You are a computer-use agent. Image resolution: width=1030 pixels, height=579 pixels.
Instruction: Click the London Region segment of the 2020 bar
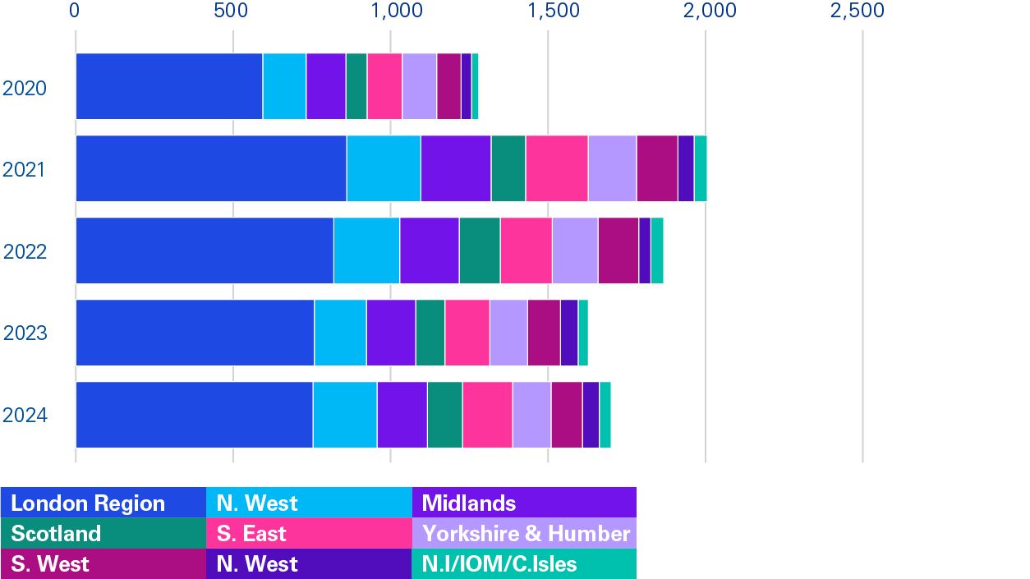[x=169, y=86]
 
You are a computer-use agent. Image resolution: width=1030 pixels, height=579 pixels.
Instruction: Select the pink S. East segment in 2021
[x=557, y=168]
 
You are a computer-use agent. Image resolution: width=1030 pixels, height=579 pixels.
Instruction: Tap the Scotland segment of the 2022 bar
[x=480, y=250]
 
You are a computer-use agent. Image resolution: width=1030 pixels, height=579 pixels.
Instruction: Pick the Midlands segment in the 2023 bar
[x=391, y=333]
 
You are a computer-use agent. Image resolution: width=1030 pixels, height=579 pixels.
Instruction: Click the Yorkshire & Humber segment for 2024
[x=531, y=415]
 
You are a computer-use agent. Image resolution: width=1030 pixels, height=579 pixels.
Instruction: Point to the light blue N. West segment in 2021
[x=384, y=168]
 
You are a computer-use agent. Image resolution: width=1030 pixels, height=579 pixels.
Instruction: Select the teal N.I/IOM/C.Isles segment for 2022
[x=657, y=250]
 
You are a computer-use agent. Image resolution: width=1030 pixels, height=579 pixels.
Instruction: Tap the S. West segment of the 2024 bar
[x=567, y=415]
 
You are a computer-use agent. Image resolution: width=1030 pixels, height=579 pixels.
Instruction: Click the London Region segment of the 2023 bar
[x=195, y=333]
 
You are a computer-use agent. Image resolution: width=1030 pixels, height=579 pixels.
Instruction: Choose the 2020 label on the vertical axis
[x=25, y=88]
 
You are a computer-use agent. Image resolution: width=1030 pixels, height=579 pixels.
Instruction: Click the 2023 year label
[x=25, y=333]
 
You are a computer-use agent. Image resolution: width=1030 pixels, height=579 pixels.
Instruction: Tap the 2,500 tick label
[x=857, y=11]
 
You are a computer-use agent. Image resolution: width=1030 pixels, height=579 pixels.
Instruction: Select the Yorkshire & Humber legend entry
[x=525, y=534]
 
